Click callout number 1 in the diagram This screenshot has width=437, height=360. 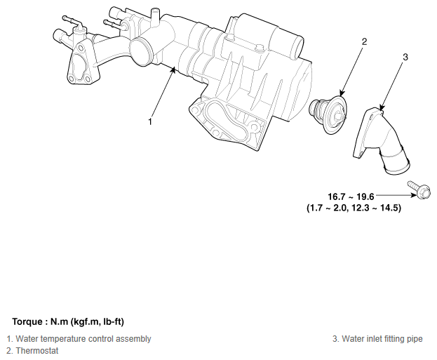pos(150,122)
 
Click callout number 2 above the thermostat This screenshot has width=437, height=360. pos(364,42)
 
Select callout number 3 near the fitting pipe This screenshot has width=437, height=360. pos(405,57)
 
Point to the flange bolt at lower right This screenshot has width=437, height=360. pos(419,189)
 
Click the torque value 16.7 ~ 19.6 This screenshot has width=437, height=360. pos(351,196)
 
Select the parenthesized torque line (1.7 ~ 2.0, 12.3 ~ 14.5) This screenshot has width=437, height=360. pos(354,208)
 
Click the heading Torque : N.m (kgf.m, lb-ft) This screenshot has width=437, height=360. pos(68,322)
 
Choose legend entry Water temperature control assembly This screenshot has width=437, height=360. pos(79,339)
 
